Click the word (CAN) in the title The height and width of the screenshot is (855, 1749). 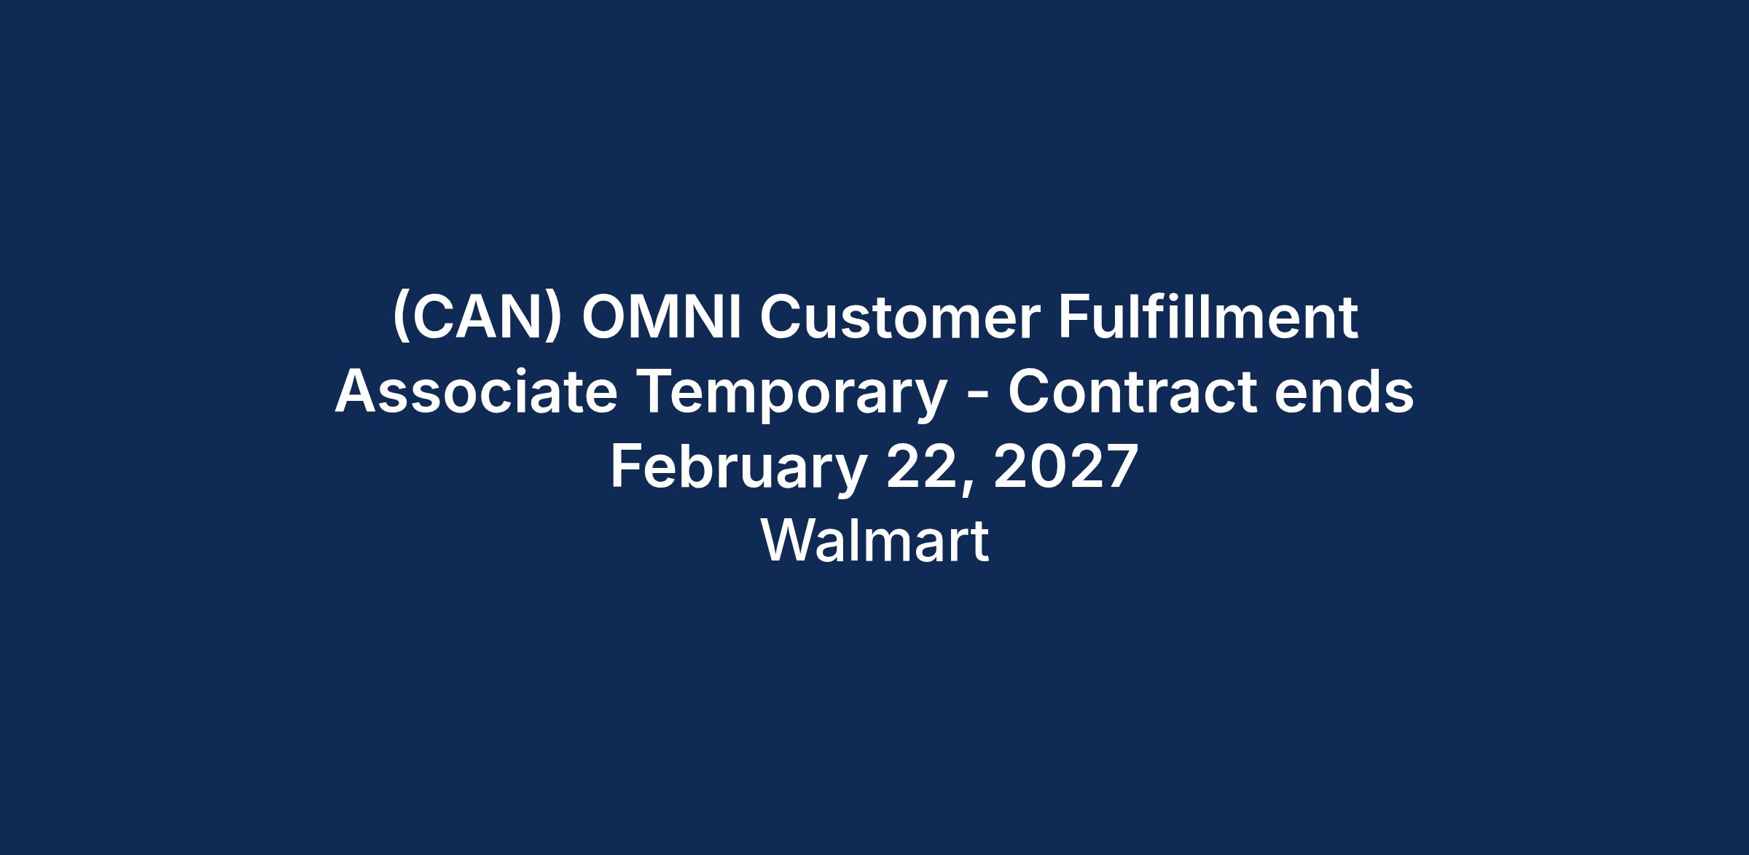[x=477, y=319]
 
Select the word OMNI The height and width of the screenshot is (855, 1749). [x=662, y=318]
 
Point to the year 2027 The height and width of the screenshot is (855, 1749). [x=1065, y=466]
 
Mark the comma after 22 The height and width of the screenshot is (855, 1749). [x=966, y=488]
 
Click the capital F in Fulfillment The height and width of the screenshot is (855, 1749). [x=1073, y=319]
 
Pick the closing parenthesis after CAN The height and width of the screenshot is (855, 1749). [x=555, y=319]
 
